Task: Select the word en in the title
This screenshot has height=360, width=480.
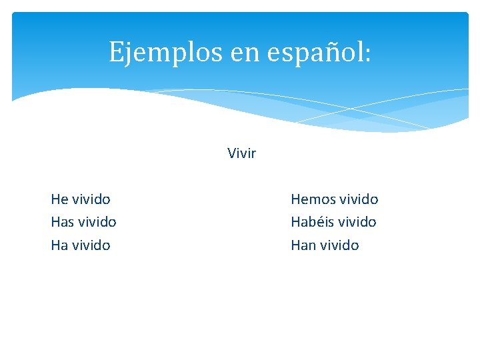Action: click(245, 52)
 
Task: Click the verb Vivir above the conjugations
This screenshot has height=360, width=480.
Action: click(241, 153)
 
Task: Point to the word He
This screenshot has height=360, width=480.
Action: click(59, 199)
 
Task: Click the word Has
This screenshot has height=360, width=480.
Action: click(62, 221)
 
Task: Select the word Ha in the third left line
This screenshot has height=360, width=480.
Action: click(59, 245)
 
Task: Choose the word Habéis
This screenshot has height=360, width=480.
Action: click(312, 221)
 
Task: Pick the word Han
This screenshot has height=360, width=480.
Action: click(303, 245)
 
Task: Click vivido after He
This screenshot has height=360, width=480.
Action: click(91, 199)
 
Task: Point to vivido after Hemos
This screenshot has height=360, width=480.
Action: click(359, 199)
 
